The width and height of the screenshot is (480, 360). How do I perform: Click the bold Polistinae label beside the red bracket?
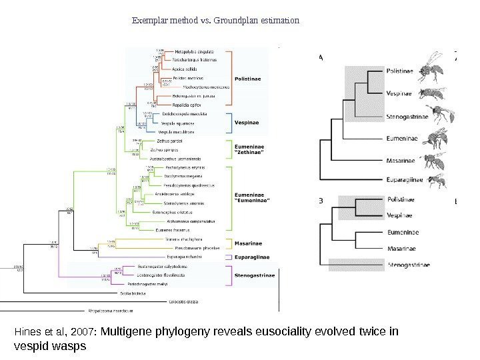(x=247, y=79)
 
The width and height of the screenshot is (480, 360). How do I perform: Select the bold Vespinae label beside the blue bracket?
(x=245, y=123)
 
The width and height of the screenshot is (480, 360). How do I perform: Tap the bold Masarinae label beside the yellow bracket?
(x=247, y=243)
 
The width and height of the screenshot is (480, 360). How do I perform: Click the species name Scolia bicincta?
(x=133, y=293)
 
